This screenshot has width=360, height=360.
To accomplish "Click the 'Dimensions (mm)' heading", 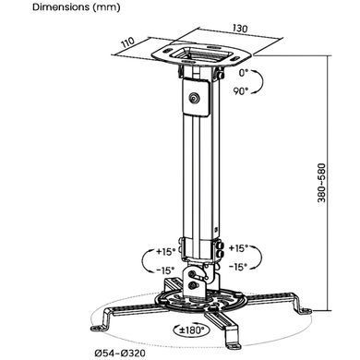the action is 77,7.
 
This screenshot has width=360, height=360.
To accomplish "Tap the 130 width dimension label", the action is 240,29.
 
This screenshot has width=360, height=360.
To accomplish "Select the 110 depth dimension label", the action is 127,42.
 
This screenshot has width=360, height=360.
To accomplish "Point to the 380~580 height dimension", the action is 321,183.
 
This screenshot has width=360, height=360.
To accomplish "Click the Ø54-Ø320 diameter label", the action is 120,353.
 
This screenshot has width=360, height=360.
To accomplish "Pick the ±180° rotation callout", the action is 192,330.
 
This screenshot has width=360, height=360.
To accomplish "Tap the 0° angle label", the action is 244,73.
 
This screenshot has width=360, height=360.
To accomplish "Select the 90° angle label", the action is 240,91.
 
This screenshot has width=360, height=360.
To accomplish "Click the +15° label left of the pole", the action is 165,252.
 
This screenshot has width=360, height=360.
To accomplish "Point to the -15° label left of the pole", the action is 165,270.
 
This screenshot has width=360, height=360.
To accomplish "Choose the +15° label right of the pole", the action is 238,248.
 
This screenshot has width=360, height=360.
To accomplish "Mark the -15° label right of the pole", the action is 238,267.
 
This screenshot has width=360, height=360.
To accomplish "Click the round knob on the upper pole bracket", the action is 194,98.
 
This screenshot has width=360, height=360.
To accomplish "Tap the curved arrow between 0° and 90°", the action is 261,82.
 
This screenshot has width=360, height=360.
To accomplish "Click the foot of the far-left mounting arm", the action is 99,327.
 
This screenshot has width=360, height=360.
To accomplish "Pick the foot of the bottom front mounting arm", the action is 233,346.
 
